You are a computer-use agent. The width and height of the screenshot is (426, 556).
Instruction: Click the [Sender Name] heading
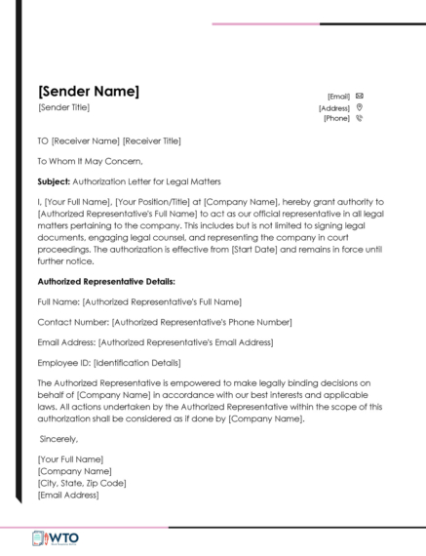pos(88,93)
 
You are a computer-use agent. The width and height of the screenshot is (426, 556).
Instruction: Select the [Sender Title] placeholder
pos(63,107)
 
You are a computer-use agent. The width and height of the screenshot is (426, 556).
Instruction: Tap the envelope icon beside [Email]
pos(360,96)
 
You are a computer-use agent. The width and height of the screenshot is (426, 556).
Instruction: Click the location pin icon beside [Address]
pos(360,107)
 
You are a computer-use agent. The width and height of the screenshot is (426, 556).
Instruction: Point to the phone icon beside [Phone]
pos(360,118)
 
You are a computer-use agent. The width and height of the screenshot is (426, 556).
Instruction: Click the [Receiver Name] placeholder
pos(86,141)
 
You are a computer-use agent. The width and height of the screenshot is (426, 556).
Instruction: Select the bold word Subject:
pos(55,181)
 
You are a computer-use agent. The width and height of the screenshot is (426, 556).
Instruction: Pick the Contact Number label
pos(73,321)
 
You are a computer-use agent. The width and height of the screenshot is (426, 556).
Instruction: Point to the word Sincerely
pos(60,439)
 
